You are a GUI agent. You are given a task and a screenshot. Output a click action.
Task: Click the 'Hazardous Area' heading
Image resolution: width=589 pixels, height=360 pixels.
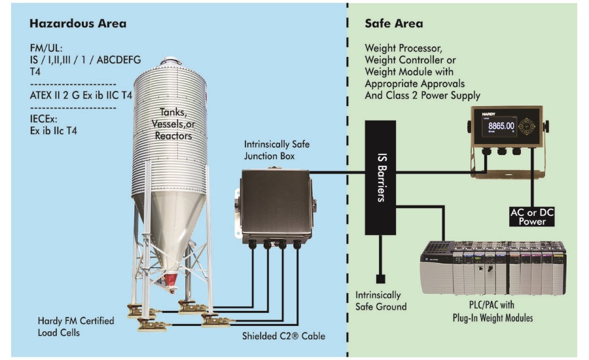pyautogui.click(x=78, y=24)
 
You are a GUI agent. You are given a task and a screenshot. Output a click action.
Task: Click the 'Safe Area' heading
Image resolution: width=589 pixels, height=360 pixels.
pyautogui.click(x=393, y=24)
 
